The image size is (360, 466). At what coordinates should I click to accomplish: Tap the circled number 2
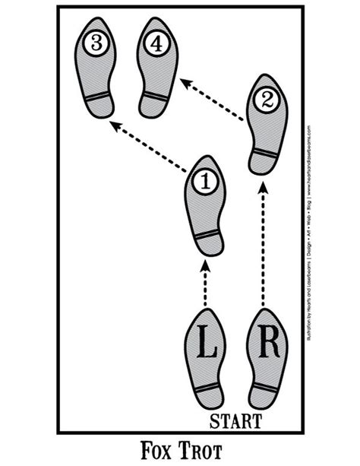263,100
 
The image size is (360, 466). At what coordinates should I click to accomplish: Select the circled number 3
95,44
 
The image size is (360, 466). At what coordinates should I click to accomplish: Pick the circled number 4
156,44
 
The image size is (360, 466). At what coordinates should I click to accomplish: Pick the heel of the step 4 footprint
155,105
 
